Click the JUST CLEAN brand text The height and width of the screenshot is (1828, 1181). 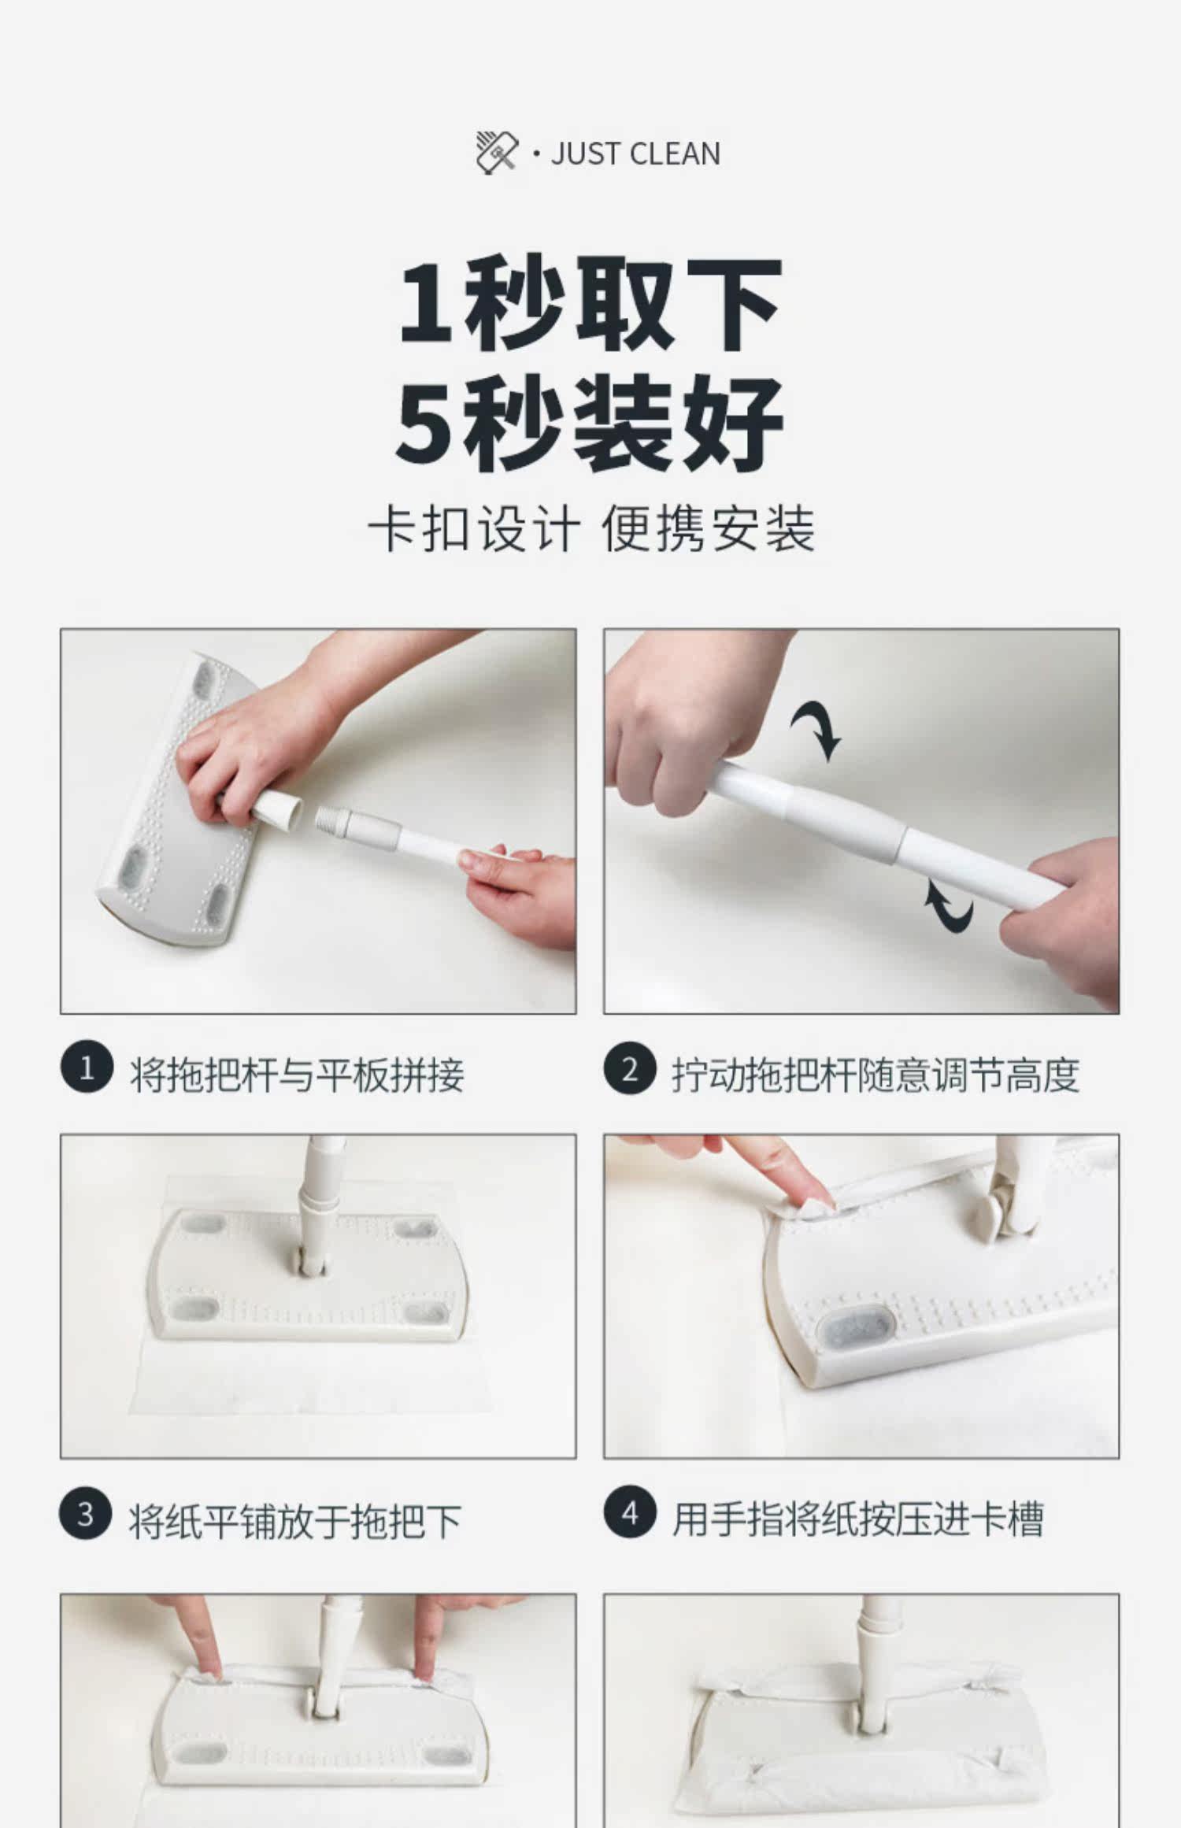[635, 154]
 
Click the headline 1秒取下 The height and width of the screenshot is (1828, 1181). [590, 303]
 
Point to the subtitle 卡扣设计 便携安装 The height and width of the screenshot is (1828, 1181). [591, 529]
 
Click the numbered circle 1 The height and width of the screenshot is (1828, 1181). [87, 1069]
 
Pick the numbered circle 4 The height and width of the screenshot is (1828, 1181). [630, 1513]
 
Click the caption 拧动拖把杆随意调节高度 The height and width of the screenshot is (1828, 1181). [875, 1075]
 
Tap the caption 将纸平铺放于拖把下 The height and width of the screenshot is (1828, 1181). [295, 1521]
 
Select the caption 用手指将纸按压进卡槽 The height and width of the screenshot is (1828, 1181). [857, 1519]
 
